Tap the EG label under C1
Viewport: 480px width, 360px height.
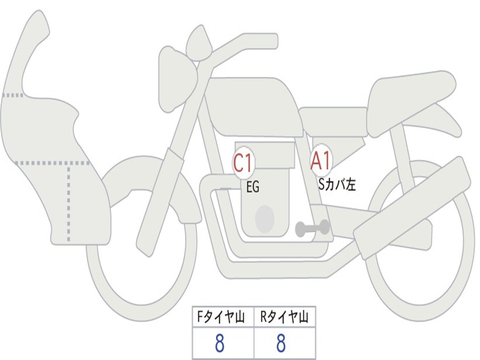[253, 187]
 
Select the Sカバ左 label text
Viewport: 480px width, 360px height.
[337, 185]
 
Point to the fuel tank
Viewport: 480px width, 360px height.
[253, 105]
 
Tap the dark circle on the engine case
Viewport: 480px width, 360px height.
[264, 219]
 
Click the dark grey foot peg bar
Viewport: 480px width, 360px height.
[311, 228]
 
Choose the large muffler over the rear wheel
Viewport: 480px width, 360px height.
[412, 209]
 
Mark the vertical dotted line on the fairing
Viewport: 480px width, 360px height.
[69, 202]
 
